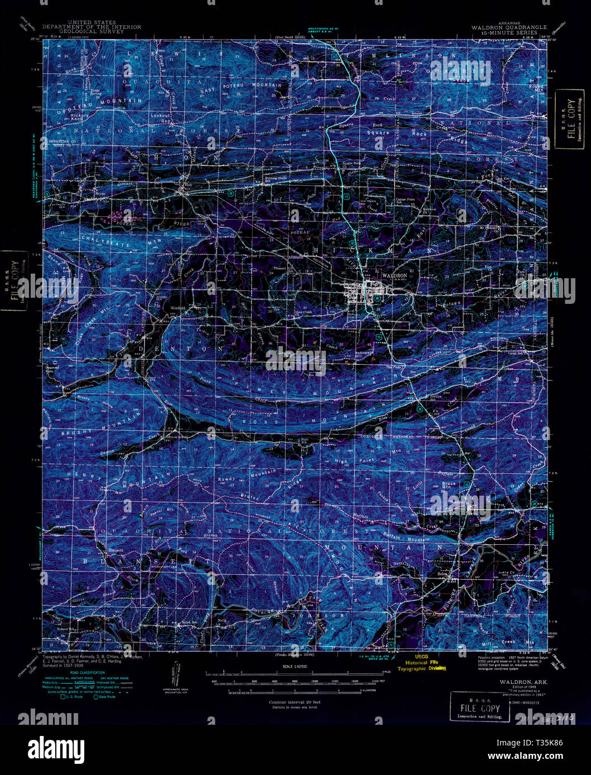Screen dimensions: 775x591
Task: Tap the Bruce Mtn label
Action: [x=449, y=486]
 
